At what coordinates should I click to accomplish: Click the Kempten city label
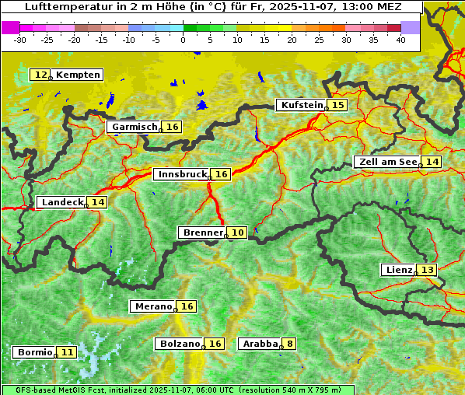pos(79,75)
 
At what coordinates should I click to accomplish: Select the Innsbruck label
pos(181,174)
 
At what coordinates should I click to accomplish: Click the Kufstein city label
pos(301,105)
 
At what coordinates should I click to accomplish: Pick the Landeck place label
pos(62,202)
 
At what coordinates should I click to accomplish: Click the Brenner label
pos(202,232)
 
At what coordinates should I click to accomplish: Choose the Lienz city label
pos(398,270)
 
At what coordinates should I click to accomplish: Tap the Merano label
pos(152,306)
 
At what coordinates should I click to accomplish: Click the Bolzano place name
pos(180,343)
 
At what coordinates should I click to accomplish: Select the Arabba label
pos(260,343)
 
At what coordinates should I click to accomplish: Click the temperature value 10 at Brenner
pos(237,232)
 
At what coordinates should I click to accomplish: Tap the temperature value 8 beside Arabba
pos(290,343)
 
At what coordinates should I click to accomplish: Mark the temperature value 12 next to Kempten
pos(40,75)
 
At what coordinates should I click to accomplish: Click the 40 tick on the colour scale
pos(400,39)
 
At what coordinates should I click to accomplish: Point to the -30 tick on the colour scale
pos(20,39)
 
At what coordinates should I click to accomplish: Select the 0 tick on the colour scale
pos(184,39)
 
